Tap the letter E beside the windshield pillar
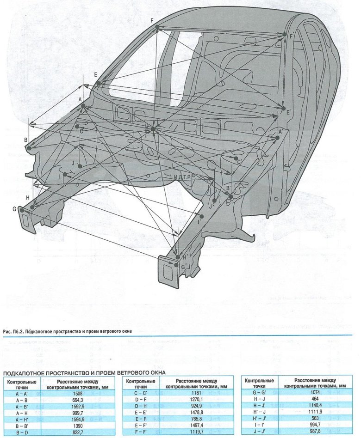pyautogui.click(x=95, y=74)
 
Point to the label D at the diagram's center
pyautogui.click(x=146, y=126)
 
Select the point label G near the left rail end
pyautogui.click(x=14, y=209)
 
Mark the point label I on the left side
pyautogui.click(x=60, y=176)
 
